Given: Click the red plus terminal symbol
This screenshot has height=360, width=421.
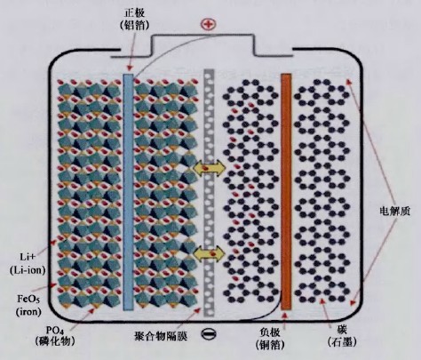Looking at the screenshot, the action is (208, 24).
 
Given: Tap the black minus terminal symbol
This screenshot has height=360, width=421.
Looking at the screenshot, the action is (209, 334).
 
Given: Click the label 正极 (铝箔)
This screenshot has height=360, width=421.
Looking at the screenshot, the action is (134, 20).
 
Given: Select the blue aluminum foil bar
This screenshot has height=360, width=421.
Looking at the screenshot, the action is (128, 192).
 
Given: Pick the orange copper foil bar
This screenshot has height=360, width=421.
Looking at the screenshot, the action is (286, 192).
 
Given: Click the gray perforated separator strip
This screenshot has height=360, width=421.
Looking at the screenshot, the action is (209, 193).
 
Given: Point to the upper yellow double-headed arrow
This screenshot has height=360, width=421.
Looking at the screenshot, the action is (209, 168).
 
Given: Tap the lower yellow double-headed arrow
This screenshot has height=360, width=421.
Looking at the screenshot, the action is (209, 254).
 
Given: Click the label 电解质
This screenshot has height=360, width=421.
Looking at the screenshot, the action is (394, 212).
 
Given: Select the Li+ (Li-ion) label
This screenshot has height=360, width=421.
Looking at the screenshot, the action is (28, 263).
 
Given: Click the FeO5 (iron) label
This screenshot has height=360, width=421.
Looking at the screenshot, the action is (28, 305).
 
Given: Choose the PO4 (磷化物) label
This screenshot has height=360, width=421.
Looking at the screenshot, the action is (55, 336).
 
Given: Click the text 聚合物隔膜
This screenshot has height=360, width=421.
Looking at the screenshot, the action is (161, 336).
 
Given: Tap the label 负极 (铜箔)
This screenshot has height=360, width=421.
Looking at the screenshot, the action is (270, 338).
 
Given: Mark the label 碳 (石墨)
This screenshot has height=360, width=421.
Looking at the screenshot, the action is (342, 336).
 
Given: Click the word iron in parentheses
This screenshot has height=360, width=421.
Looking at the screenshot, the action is (28, 311).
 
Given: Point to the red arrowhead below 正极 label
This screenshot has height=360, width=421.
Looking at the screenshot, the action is (129, 68).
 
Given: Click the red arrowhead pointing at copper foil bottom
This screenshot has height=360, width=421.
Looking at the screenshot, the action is (285, 315).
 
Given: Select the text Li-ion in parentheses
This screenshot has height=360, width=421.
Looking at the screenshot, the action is (28, 270).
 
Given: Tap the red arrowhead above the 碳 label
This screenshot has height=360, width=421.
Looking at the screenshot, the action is (322, 301).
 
